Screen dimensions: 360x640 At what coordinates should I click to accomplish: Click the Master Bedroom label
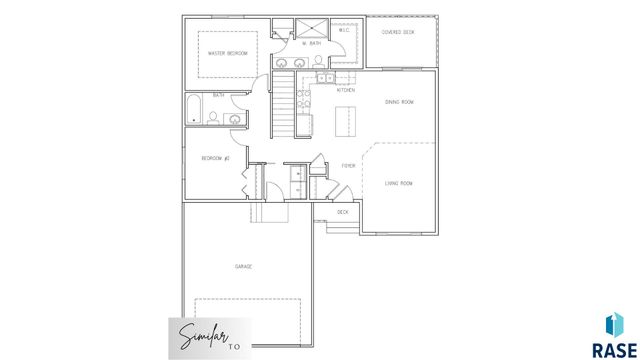(227, 52)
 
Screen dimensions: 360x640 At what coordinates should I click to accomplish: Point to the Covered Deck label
(399, 32)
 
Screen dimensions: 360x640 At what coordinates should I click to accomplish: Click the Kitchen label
(346, 90)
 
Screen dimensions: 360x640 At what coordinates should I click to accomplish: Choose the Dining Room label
(400, 102)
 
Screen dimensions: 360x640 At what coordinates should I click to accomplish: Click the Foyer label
(349, 165)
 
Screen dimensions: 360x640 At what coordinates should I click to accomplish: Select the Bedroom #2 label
(216, 158)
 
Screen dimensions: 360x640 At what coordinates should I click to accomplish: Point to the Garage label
(243, 266)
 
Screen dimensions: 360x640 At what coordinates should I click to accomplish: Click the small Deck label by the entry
(343, 212)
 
